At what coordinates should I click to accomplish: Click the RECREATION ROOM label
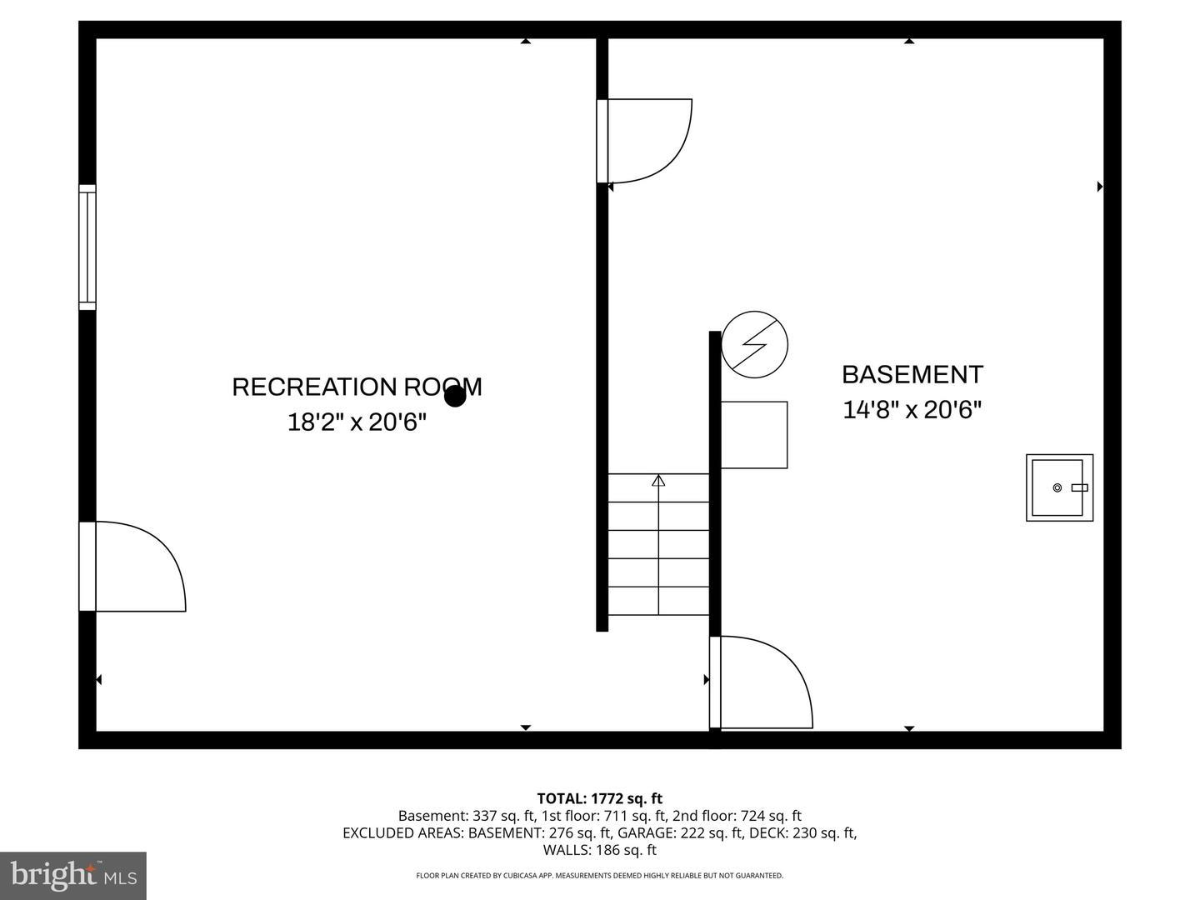pos(356,387)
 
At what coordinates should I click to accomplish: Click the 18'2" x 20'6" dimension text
pos(357,422)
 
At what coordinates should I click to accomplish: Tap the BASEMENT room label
pos(912,375)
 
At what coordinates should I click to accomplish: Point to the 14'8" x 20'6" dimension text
pos(912,410)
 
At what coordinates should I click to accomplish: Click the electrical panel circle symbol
pos(754,344)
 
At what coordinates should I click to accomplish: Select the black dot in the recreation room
pos(455,396)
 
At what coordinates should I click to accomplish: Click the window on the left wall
pos(87,247)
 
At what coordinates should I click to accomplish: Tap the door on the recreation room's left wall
pos(133,567)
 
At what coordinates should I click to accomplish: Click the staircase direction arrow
pos(658,481)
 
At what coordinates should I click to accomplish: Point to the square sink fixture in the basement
pos(1059,487)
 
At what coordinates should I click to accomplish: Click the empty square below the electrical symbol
pos(754,434)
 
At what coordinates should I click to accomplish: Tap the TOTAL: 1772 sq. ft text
pos(599,799)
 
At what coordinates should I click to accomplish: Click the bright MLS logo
pos(73,875)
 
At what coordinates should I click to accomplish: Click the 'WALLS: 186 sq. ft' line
pos(599,850)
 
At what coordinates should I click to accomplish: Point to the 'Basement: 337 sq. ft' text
pos(465,816)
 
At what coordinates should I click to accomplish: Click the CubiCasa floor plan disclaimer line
pos(599,876)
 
